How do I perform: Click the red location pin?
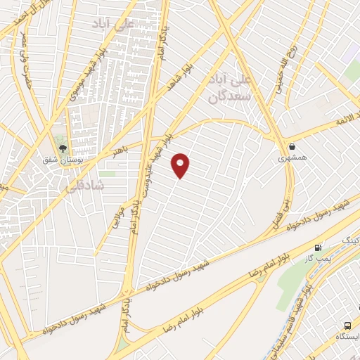pyautogui.click(x=181, y=165)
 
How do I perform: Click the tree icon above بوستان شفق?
pyautogui.click(x=63, y=148)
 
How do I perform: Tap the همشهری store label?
pyautogui.click(x=291, y=160)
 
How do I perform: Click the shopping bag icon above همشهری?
pyautogui.click(x=291, y=147)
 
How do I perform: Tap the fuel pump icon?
pyautogui.click(x=319, y=247)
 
